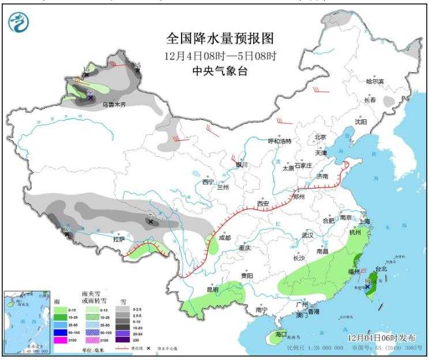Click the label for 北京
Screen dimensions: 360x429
tap(320, 137)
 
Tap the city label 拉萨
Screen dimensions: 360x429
tap(119, 239)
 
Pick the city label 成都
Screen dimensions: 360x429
tap(224, 238)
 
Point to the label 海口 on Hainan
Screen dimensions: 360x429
tap(281, 333)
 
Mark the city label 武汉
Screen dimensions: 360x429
tap(307, 235)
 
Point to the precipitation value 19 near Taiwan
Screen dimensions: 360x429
tap(367, 280)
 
